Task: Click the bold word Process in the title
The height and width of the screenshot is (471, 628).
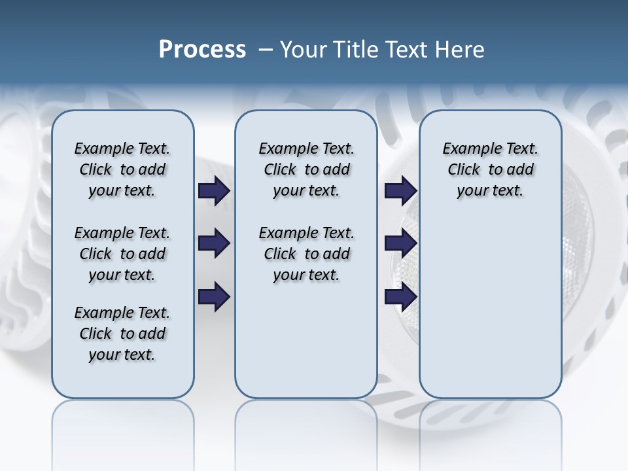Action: [x=202, y=50]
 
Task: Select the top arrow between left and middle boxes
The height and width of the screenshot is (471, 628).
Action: [x=214, y=191]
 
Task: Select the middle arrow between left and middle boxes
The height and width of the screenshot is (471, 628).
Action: [x=214, y=243]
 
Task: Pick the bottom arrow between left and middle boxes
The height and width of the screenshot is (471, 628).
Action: [x=214, y=297]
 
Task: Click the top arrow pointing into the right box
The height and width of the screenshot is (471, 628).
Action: [x=400, y=191]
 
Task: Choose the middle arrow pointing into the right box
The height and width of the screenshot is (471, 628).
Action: [x=400, y=243]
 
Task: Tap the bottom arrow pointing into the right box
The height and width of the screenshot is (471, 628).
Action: [x=400, y=297]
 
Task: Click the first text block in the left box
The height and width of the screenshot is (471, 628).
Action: [x=122, y=169]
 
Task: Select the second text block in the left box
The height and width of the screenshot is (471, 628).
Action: [x=122, y=254]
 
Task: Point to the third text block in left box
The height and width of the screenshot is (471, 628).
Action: [x=122, y=334]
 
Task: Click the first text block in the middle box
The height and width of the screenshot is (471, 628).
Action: [x=306, y=169]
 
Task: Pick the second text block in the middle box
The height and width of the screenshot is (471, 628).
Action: [x=306, y=254]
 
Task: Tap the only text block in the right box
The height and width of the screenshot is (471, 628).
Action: [x=490, y=169]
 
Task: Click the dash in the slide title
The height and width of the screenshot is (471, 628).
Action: [x=266, y=50]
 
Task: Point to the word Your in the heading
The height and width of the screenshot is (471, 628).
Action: [x=305, y=50]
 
